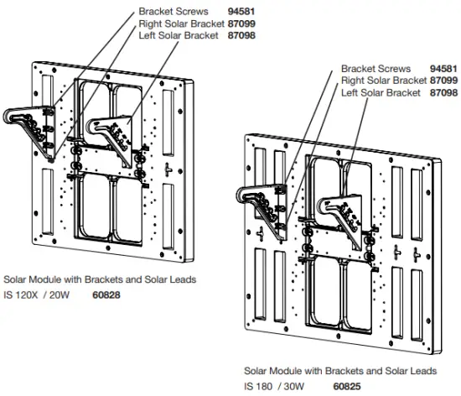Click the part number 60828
tap(106, 294)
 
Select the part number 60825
tap(347, 386)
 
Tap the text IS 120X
tap(21, 294)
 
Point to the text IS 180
tap(258, 386)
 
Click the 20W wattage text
tap(60, 294)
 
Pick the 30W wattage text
tap(294, 386)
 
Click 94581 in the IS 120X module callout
tap(241, 12)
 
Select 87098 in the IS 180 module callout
tap(443, 92)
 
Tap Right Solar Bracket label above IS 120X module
tap(181, 23)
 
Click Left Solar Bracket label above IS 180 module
tap(381, 92)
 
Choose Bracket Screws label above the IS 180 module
tap(376, 69)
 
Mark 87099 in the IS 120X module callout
tap(241, 23)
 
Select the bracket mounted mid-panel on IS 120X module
tap(111, 138)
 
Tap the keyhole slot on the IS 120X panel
tap(168, 169)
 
